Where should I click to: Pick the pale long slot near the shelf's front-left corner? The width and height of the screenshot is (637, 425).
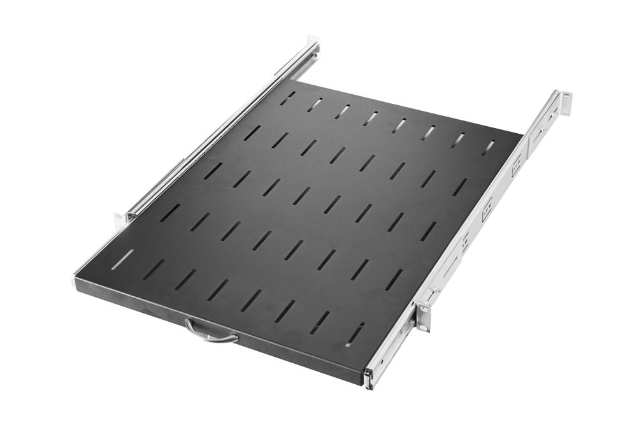[x=122, y=259]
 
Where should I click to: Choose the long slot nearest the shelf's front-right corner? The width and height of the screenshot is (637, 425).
[x=355, y=334]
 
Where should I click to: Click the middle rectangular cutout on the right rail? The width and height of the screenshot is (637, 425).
[x=487, y=211]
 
